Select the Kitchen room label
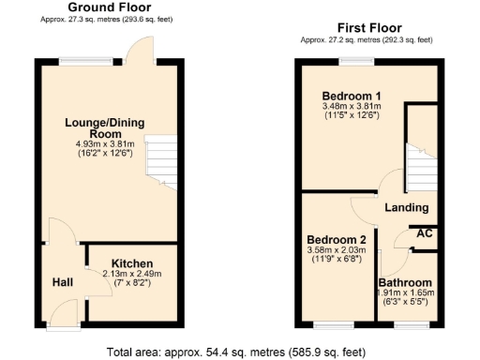click(132, 262)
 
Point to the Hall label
click(62, 280)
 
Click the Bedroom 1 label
click(352, 97)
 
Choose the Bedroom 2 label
click(335, 239)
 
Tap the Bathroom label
click(406, 282)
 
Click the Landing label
click(407, 207)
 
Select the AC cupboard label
click(424, 233)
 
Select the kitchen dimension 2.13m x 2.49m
click(132, 274)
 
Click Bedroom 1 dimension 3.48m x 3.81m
click(352, 108)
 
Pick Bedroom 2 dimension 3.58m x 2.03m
click(335, 251)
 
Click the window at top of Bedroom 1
click(354, 61)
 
